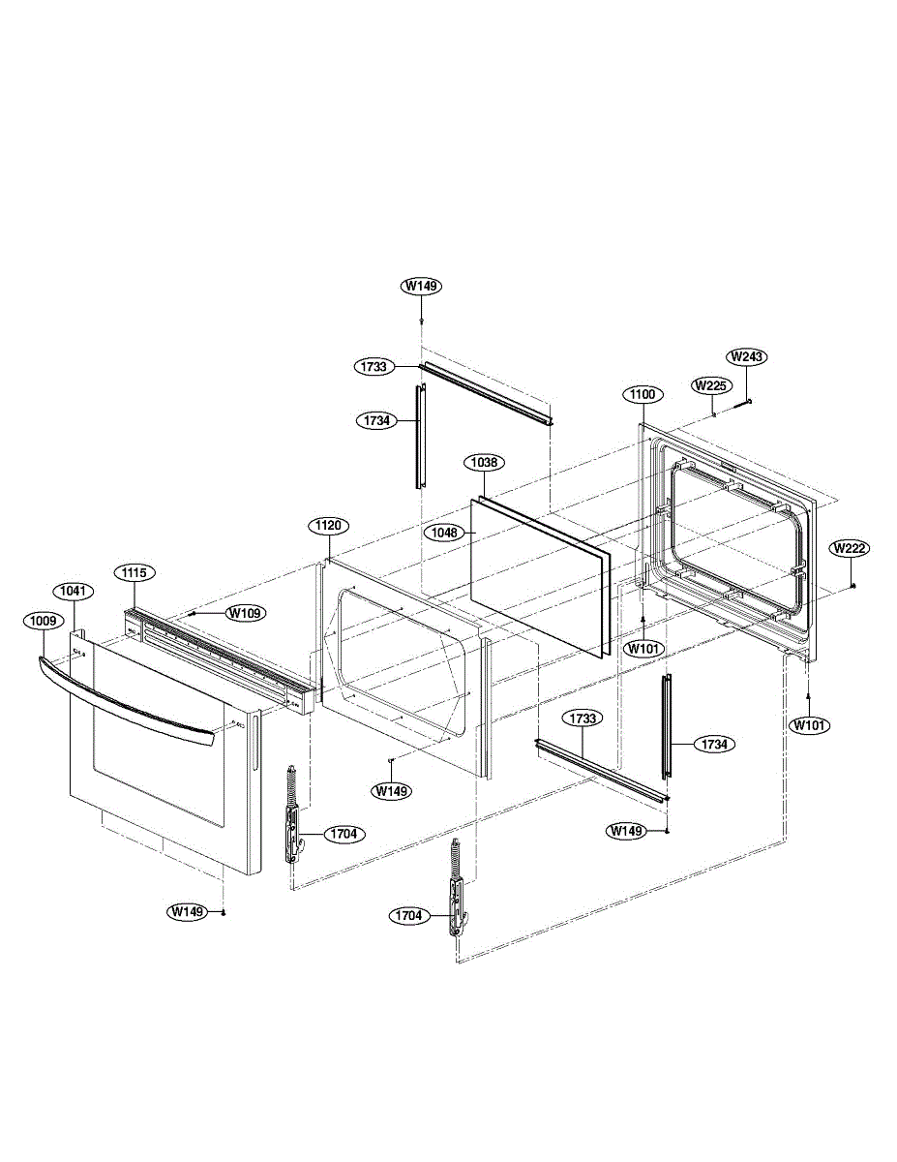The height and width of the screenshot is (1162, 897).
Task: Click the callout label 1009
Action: [45, 621]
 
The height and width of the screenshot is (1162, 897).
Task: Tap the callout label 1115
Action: [134, 572]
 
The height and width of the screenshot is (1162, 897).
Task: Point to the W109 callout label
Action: [246, 612]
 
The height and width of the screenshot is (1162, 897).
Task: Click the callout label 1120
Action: [329, 526]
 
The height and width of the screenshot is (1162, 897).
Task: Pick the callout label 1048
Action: [447, 533]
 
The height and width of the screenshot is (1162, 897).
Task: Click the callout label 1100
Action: [643, 394]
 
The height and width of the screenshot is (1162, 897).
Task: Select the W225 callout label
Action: [709, 384]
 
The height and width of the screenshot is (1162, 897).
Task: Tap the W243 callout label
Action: [747, 356]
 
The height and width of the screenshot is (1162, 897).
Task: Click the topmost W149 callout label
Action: [422, 286]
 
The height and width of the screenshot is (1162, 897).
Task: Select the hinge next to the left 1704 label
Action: [292, 813]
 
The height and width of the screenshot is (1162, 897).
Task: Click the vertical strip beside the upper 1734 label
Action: [421, 436]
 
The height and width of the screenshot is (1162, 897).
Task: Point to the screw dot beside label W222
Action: [852, 586]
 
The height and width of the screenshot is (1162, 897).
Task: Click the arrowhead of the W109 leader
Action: [194, 613]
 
